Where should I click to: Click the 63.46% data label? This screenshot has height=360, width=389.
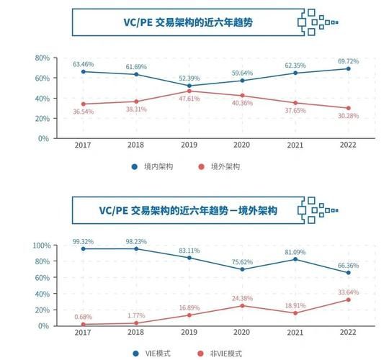click(84, 64)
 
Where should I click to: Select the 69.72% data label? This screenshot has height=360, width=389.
click(348, 61)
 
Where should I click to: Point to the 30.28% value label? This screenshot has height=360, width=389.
click(348, 117)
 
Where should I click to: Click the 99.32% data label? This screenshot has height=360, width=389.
click(84, 241)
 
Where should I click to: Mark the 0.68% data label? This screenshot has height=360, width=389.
click(84, 316)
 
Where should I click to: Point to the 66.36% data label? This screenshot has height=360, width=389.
click(348, 265)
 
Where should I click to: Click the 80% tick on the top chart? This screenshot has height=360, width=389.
click(42, 58)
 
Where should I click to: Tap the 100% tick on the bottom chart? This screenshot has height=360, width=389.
click(40, 246)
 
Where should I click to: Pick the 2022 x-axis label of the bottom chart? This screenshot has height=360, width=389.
click(348, 332)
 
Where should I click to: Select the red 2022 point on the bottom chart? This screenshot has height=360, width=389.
click(348, 299)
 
